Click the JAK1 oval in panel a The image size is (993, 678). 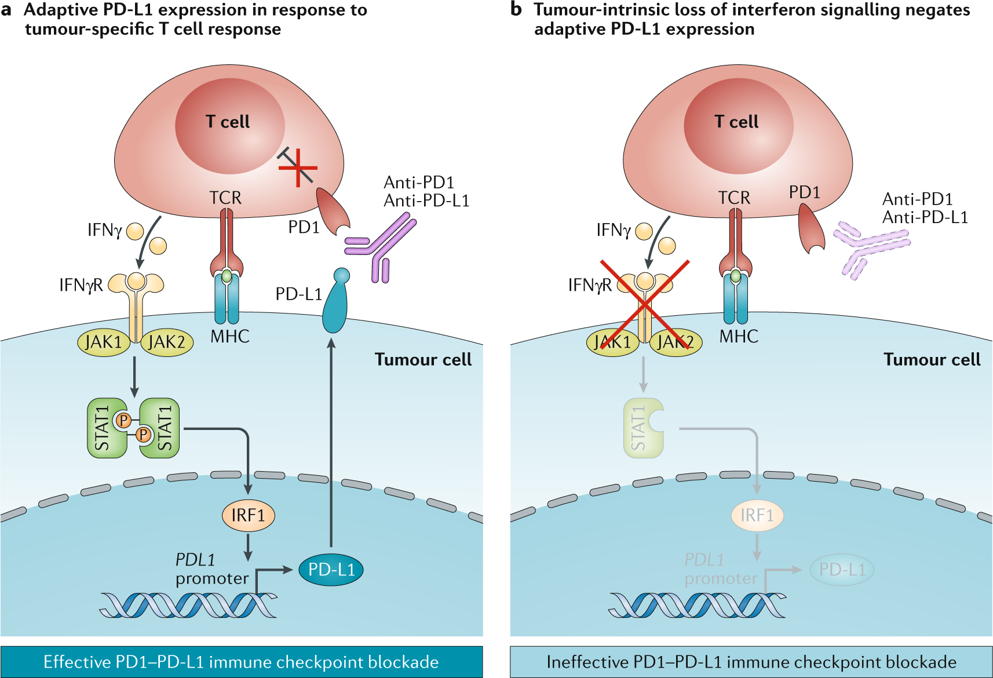pyautogui.click(x=103, y=342)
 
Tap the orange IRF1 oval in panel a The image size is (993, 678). pyautogui.click(x=248, y=515)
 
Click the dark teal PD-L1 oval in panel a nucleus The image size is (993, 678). pyautogui.click(x=331, y=570)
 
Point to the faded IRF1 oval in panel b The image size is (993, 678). pyautogui.click(x=757, y=515)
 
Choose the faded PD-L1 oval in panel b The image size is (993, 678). pyautogui.click(x=841, y=570)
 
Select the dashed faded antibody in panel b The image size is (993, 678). pyautogui.click(x=869, y=246)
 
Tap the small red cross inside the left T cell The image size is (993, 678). pyautogui.click(x=298, y=167)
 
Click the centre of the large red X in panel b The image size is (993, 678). pyautogui.click(x=644, y=304)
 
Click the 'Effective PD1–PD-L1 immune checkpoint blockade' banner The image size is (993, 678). pyautogui.click(x=241, y=662)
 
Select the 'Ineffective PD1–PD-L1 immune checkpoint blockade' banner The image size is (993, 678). pyautogui.click(x=751, y=662)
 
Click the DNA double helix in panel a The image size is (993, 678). pyautogui.click(x=188, y=605)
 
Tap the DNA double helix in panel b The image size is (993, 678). pyautogui.click(x=697, y=605)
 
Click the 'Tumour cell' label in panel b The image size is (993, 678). pyautogui.click(x=932, y=360)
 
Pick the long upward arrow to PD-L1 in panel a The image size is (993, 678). pyautogui.click(x=331, y=440)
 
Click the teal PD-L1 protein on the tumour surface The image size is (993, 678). pyautogui.click(x=335, y=304)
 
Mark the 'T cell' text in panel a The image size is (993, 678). pyautogui.click(x=228, y=122)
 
